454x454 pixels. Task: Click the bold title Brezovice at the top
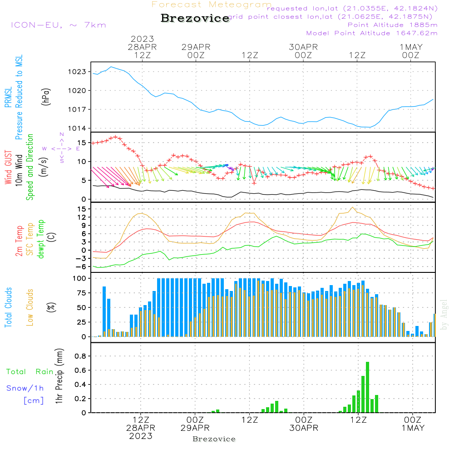(x=195, y=18)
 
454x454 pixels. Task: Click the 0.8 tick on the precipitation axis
(x=80, y=356)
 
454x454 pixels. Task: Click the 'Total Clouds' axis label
(x=9, y=307)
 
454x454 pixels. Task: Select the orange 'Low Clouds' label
(x=30, y=307)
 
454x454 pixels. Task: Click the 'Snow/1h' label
(x=25, y=388)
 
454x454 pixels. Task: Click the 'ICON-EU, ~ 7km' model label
(x=58, y=25)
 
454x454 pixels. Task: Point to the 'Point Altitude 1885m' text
(x=392, y=25)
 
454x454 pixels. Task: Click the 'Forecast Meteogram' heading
(x=212, y=5)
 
